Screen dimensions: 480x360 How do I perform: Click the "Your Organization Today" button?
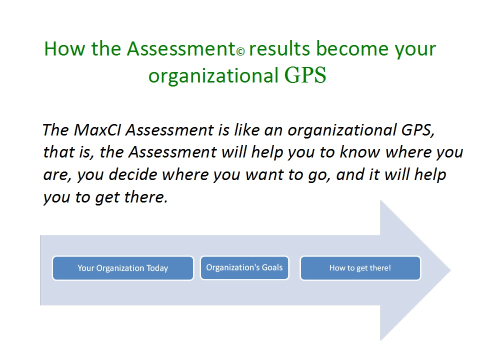pos(123,268)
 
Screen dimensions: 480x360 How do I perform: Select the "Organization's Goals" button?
pos(244,268)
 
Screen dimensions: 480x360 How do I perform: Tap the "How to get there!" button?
pos(360,268)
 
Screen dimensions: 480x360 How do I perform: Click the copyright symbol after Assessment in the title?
pos(240,51)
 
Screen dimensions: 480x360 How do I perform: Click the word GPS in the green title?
pos(305,75)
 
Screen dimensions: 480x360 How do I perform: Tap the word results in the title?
pos(279,48)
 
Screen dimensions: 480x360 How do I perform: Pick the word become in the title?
pos(352,48)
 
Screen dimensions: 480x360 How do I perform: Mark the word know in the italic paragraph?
pos(359,152)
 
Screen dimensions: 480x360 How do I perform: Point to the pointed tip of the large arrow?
pos(450,270)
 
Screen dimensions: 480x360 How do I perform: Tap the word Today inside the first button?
pos(157,268)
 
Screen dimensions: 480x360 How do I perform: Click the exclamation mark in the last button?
pos(389,268)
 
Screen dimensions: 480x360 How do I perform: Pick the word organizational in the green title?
pos(213,76)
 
